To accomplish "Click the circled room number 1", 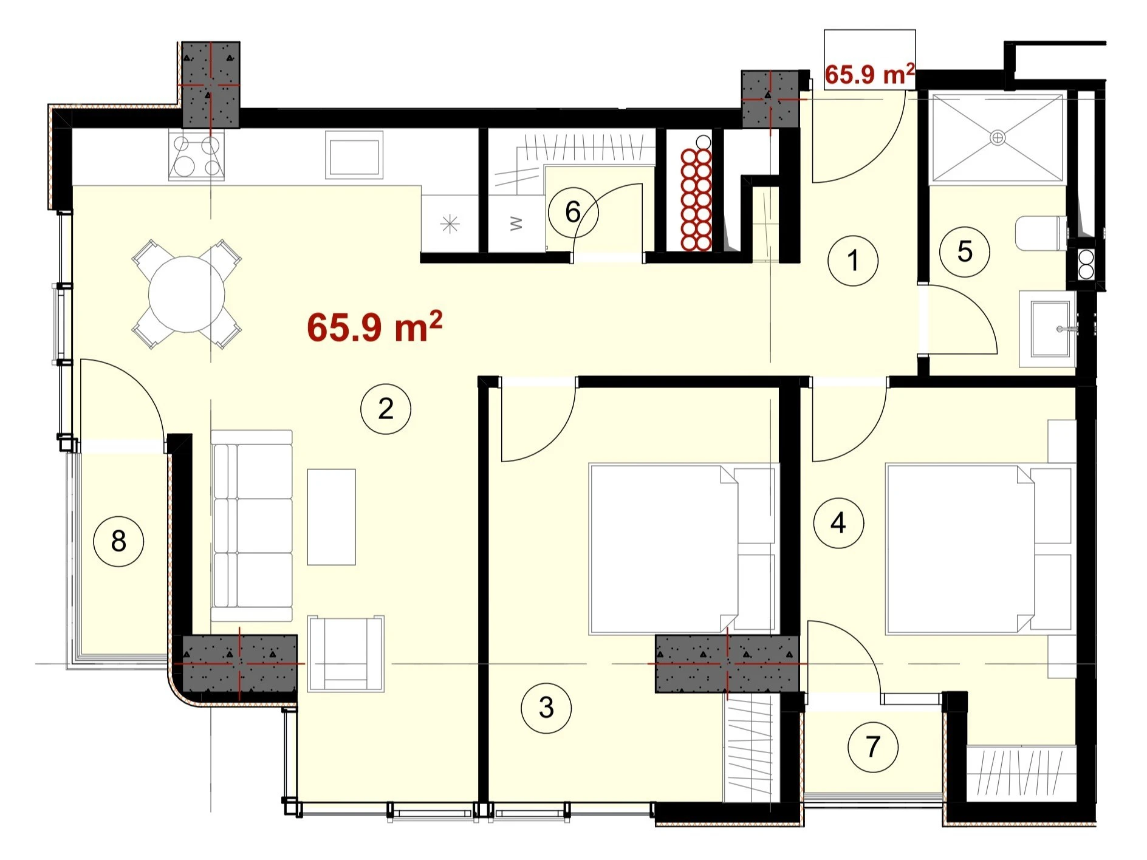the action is [853, 261].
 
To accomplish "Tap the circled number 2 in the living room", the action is [386, 409].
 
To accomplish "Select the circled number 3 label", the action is [546, 708].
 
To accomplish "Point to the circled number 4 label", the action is [838, 522].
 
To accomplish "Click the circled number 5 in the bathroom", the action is [965, 251].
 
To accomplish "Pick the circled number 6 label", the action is [573, 212].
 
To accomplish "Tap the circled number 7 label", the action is [873, 747].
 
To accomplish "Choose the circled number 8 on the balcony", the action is [118, 541].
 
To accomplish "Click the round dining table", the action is [187, 295].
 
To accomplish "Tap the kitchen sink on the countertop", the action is [354, 155].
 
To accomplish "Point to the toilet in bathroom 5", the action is [1041, 234].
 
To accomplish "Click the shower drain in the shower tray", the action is [998, 138].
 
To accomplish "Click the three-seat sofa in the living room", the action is [252, 526].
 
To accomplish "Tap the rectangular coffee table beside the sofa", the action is [331, 517].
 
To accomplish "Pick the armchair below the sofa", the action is [346, 654].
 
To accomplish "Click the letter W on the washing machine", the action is [516, 224].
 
